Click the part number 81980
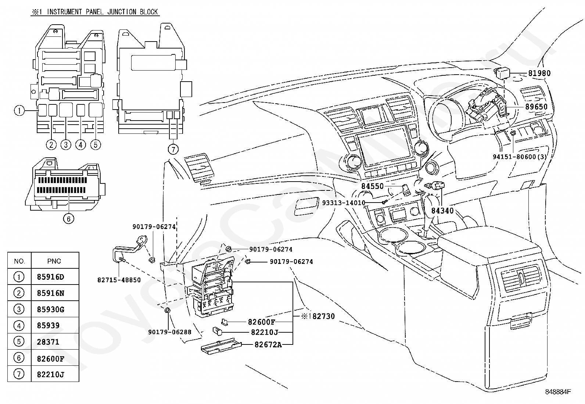(x=539, y=73)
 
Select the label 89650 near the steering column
(x=536, y=107)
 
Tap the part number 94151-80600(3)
(x=520, y=157)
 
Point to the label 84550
(x=372, y=186)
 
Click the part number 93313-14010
(x=344, y=203)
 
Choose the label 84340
(x=442, y=211)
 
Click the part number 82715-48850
(x=119, y=280)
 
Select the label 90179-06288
(x=170, y=332)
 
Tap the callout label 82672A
(x=268, y=345)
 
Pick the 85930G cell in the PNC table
(x=50, y=310)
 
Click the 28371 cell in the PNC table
(x=48, y=342)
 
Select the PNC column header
(x=54, y=261)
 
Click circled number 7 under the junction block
(x=173, y=149)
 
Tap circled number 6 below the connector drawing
(x=69, y=218)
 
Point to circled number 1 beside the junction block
(x=19, y=111)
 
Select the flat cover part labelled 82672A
(x=221, y=347)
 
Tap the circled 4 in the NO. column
(x=18, y=326)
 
